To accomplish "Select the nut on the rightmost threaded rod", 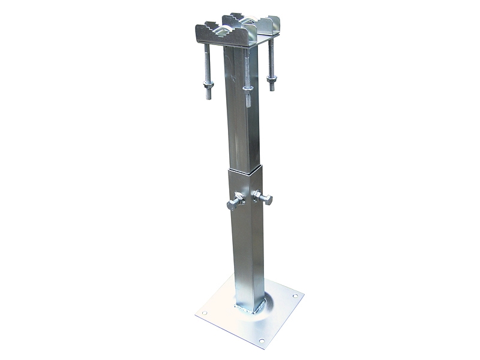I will tap(271, 79).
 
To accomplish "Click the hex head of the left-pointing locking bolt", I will tap(232, 205).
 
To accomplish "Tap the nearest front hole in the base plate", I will tap(262, 341).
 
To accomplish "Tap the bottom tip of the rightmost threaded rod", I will tap(271, 89).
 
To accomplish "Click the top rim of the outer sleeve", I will tap(246, 170).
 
